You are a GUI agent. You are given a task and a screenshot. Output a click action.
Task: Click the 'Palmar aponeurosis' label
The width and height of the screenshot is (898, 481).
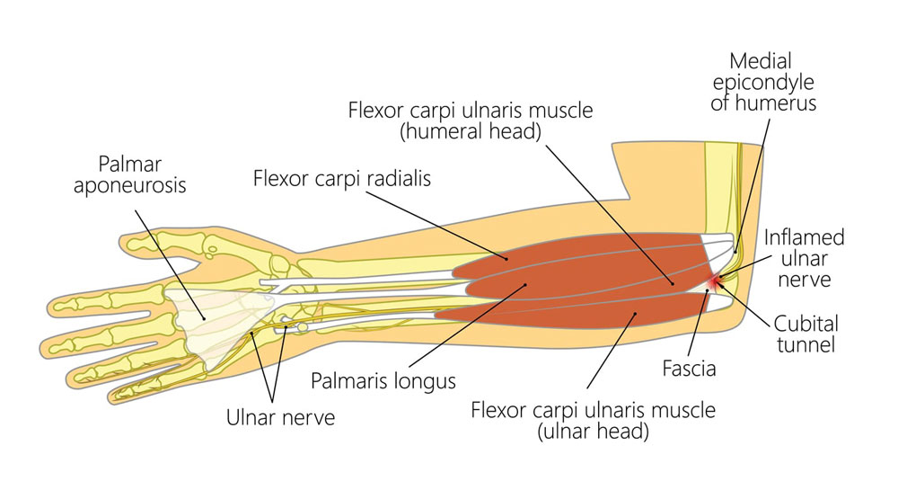130,174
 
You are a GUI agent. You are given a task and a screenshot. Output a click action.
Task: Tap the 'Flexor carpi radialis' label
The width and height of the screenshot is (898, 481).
342,178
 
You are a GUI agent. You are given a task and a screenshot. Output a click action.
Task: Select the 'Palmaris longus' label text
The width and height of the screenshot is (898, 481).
383,381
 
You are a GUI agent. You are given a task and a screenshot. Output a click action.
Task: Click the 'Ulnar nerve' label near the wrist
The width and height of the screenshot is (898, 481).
280,417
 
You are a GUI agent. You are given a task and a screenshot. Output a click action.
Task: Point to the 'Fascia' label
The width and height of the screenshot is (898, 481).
689,368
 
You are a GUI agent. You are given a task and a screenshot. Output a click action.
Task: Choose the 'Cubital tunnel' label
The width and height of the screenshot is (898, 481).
806,334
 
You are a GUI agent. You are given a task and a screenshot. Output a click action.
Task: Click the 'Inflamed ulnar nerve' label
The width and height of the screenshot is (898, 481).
804,258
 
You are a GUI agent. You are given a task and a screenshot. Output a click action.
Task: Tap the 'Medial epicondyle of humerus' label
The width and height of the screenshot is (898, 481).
762,82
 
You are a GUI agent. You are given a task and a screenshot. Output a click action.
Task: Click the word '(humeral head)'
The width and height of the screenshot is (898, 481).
471,131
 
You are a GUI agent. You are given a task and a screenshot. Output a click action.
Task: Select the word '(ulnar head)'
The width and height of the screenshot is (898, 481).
593,432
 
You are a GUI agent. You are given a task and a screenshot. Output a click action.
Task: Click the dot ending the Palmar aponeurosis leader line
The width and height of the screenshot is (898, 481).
203,319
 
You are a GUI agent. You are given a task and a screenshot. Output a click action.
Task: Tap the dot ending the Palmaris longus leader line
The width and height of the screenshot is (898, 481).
526,284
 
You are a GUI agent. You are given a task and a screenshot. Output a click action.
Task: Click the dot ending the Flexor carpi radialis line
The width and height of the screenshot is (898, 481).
506,259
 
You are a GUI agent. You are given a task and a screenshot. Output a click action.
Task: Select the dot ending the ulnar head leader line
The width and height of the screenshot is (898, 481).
635,313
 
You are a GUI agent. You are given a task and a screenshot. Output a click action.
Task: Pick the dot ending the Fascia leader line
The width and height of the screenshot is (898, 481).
708,290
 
